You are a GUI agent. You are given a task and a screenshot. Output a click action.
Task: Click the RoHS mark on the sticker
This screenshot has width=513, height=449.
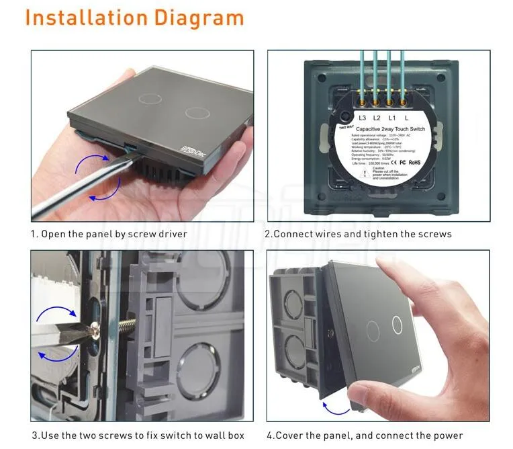415,162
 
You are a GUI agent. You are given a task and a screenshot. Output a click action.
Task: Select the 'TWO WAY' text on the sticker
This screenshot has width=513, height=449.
346,126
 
